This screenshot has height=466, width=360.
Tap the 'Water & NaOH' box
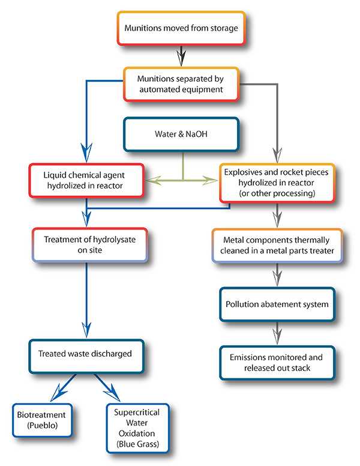[181, 135]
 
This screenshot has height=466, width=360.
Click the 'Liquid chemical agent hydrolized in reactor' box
[87, 180]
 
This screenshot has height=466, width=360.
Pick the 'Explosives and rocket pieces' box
[277, 183]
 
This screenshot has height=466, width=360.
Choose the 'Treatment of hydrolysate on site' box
[87, 245]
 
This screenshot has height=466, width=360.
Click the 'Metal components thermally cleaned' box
[277, 245]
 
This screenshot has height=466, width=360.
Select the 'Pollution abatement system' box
[277, 304]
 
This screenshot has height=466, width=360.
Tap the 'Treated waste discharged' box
[87, 354]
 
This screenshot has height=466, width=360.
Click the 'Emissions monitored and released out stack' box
[277, 362]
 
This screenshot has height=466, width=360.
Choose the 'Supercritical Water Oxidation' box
[137, 428]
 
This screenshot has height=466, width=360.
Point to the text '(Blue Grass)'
[137, 445]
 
